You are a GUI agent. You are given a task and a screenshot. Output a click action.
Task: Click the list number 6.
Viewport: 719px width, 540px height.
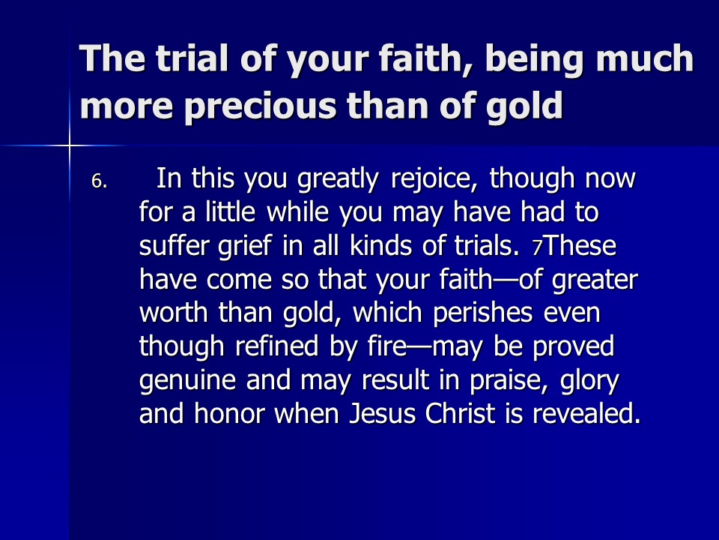click(99, 181)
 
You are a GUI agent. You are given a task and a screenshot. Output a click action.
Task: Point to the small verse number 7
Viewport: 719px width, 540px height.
click(538, 248)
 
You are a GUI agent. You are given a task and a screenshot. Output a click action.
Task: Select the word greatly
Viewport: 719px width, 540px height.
click(338, 179)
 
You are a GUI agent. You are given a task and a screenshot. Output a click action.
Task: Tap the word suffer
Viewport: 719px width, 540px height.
click(174, 245)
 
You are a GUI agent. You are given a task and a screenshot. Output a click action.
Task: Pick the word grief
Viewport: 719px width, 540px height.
click(245, 247)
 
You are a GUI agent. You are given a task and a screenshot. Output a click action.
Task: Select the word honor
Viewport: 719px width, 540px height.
click(229, 412)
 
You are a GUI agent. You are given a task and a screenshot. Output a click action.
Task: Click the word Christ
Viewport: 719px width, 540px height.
click(460, 412)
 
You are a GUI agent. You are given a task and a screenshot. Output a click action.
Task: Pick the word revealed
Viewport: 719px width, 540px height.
click(586, 412)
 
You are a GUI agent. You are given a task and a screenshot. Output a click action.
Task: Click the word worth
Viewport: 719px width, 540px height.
click(174, 312)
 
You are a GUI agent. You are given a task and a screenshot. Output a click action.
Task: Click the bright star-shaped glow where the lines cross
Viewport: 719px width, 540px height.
click(70, 146)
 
